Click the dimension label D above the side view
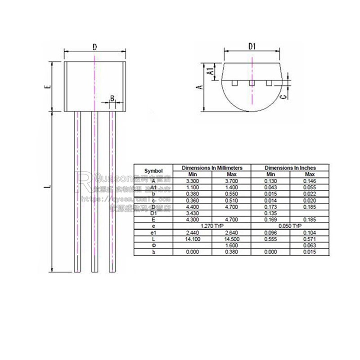point(94,47)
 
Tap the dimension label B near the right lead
point(112,98)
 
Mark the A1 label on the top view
point(210,71)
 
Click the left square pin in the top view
point(234,83)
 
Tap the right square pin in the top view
point(269,83)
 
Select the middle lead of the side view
point(94,191)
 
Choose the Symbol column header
point(153,171)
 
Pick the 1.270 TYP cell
point(212,226)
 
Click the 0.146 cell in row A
point(310,180)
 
